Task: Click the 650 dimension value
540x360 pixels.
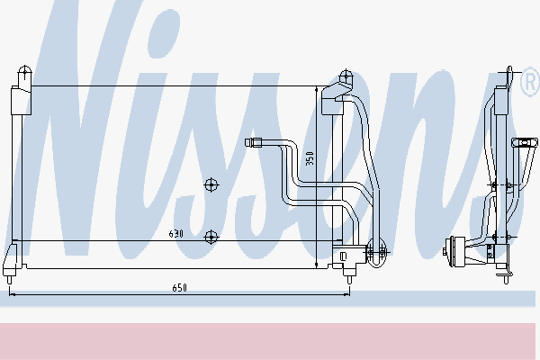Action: pos(179,288)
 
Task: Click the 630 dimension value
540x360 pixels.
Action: pos(176,234)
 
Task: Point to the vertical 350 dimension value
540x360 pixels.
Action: pos(310,158)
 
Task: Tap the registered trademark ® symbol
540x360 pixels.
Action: pos(530,82)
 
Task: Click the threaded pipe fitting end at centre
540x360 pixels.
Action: pos(254,142)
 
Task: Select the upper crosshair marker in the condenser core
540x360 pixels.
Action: pos(211,185)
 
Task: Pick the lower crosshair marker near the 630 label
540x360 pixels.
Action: pos(211,237)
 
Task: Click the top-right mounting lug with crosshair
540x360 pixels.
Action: pos(346,76)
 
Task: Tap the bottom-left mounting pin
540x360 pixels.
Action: pos(9,279)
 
